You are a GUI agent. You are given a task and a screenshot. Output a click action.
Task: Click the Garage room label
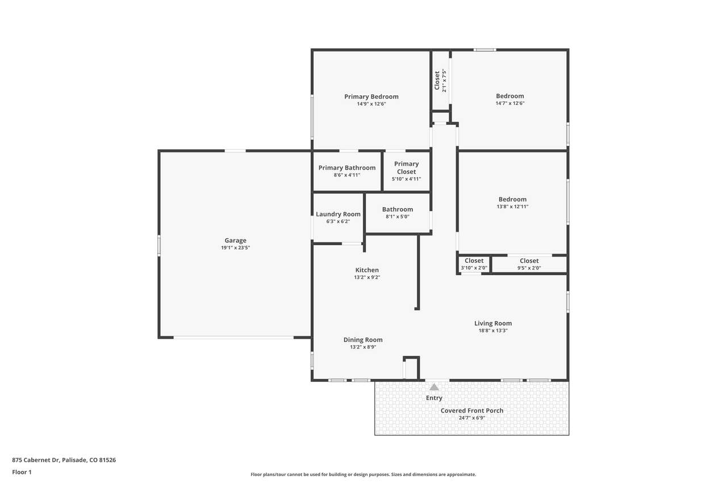point(235,240)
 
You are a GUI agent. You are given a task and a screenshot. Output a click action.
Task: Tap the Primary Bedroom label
point(371,96)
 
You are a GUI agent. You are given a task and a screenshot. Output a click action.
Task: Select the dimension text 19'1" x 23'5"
point(235,247)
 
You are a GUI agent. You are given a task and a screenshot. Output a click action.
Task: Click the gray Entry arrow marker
point(434,387)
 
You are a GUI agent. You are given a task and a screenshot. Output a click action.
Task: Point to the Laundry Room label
point(338,214)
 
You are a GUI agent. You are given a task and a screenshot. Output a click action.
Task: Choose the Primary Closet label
point(406,167)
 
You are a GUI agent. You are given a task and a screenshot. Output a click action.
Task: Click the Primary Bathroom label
point(347,167)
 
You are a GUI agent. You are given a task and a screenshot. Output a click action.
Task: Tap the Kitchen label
point(367,270)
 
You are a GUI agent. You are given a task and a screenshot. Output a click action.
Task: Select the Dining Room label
point(363,340)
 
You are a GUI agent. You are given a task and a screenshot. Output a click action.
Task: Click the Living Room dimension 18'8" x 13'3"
point(493,331)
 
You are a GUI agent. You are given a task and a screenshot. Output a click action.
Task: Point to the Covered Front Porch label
point(472,410)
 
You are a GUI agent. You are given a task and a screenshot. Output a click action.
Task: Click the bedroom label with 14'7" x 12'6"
point(510,96)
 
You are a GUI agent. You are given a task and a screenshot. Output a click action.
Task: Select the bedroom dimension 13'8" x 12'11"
point(512,207)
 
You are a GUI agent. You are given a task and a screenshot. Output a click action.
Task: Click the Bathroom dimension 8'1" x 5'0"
point(398,217)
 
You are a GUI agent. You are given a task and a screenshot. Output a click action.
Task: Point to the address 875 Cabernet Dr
point(36,460)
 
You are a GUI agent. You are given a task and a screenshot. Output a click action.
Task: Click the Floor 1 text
point(22,472)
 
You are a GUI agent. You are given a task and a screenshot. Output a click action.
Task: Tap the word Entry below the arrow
point(434,398)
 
